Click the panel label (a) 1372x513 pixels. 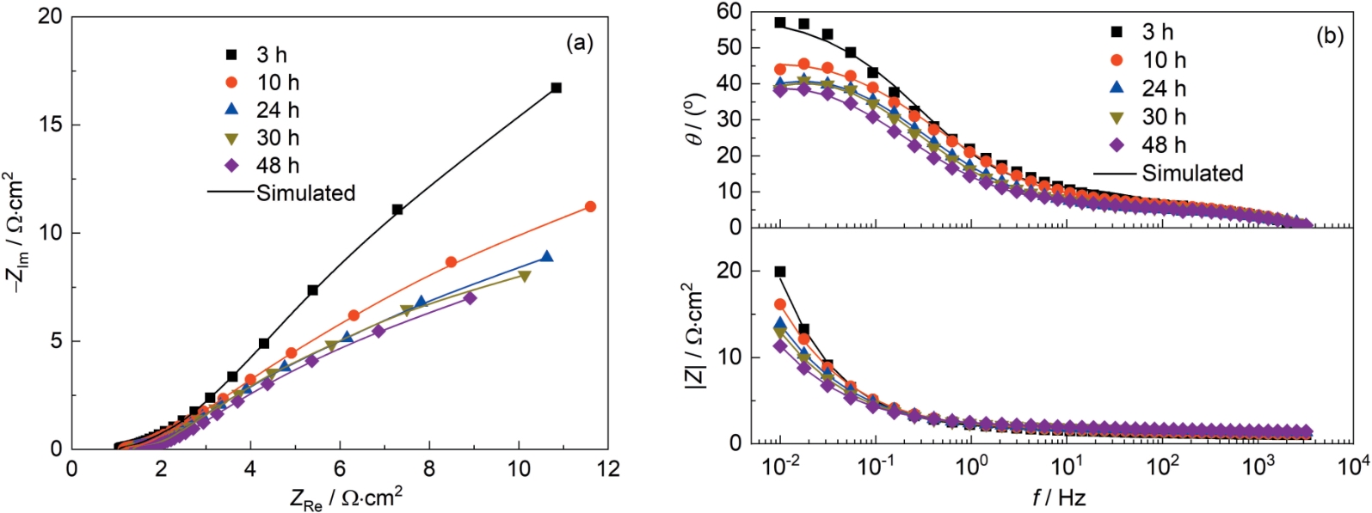click(x=579, y=43)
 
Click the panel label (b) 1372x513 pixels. click(x=1329, y=36)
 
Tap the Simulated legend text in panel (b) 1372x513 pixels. click(x=1192, y=173)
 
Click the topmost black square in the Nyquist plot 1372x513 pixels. click(x=557, y=88)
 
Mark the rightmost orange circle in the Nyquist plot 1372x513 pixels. click(x=590, y=207)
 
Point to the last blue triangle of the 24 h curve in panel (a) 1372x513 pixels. click(x=546, y=257)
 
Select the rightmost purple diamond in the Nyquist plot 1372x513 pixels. click(x=470, y=298)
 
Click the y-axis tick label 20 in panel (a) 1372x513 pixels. click(x=50, y=16)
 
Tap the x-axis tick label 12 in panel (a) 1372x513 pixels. click(x=608, y=469)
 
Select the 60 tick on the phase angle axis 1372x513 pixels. click(x=729, y=11)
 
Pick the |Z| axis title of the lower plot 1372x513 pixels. click(x=695, y=336)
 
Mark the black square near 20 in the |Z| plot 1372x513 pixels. click(x=780, y=272)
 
